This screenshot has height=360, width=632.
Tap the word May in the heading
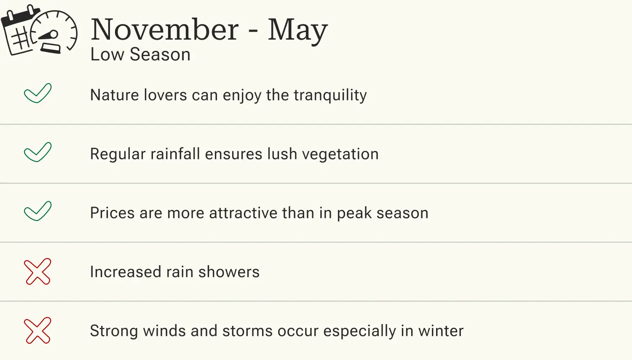pos(297,30)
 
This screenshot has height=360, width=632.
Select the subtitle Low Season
pos(140,54)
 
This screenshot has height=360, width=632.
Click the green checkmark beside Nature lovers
pos(37,93)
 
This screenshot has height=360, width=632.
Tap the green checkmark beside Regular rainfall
pos(37,152)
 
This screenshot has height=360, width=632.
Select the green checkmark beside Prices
pos(37,211)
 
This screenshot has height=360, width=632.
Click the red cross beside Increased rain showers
pos(37,271)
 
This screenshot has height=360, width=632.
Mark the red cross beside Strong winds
pos(37,330)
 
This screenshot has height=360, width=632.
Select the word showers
pos(229,272)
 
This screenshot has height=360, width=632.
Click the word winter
pos(441,331)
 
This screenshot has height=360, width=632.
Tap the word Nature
pos(115,95)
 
